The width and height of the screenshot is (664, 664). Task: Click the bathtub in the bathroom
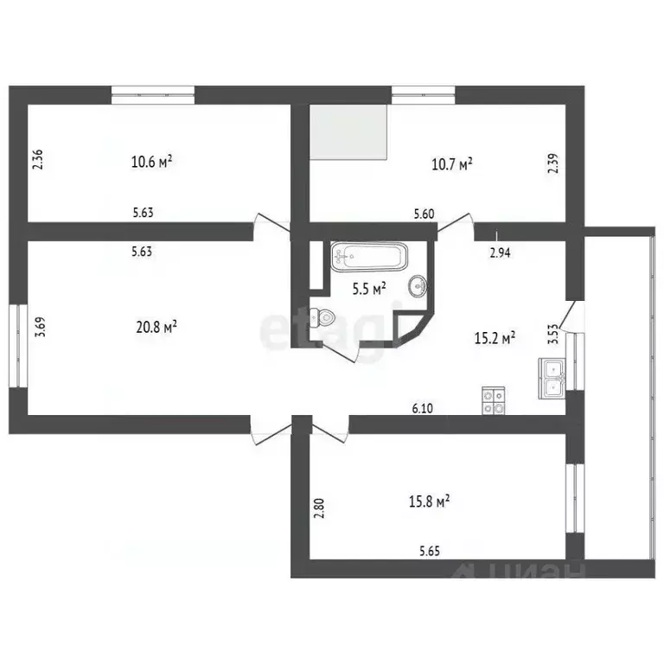(x=368, y=256)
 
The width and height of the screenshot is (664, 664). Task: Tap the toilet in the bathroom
(x=322, y=316)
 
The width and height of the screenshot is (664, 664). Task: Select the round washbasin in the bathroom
(x=418, y=285)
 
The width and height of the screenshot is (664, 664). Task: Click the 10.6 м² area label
(x=151, y=161)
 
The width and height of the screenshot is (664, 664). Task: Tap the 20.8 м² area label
(x=156, y=327)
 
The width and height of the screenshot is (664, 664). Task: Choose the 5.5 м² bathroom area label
(x=368, y=290)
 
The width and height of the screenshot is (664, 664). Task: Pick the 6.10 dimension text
(x=422, y=409)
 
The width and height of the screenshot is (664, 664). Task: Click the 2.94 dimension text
(x=501, y=252)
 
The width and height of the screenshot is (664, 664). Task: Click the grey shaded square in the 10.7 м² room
(x=348, y=131)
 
